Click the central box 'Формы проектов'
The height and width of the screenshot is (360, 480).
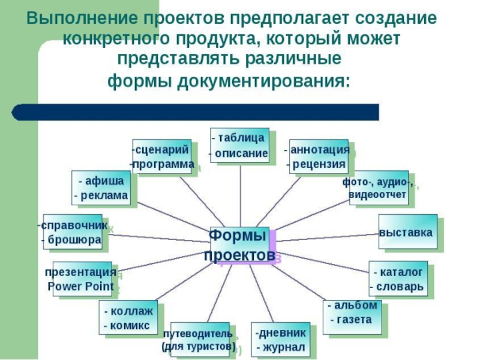[239, 245]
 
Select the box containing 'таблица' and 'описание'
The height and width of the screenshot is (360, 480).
[239, 145]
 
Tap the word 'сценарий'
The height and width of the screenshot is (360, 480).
[163, 149]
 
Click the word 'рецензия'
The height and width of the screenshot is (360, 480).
[319, 164]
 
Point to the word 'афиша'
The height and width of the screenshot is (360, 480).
[104, 181]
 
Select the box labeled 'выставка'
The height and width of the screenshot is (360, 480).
[406, 232]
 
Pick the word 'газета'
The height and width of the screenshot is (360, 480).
[354, 320]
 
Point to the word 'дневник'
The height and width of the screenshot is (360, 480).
[281, 333]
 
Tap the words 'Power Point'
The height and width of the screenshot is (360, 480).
[80, 286]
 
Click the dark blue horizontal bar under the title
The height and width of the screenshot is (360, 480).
[198, 112]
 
